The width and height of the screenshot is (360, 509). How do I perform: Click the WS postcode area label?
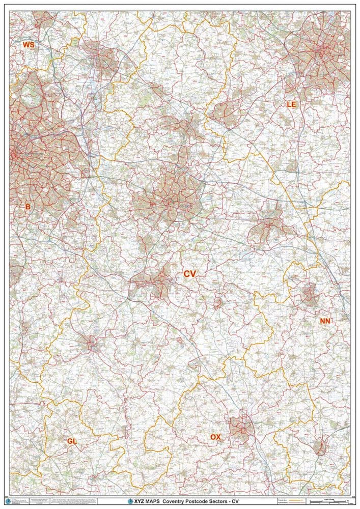29,45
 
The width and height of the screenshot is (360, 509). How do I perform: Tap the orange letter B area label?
28,207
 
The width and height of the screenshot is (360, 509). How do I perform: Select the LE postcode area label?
291,104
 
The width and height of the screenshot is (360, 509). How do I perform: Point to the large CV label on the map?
190,274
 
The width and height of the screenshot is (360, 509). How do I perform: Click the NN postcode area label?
325,321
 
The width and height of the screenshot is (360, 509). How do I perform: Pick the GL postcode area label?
72,441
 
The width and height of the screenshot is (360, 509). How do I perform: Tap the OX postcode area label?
215,437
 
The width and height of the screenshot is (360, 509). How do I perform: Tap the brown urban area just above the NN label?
309,294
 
